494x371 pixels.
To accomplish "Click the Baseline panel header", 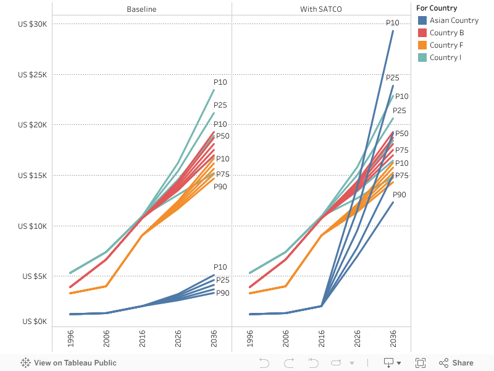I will [142, 9].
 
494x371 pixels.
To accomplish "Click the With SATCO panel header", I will [321, 9].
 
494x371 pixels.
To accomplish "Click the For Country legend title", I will [437, 8].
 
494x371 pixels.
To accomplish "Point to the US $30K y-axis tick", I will [33, 23].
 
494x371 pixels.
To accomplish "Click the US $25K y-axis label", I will [33, 74].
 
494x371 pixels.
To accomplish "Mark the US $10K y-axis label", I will [33, 226].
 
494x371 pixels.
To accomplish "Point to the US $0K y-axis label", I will [35, 322].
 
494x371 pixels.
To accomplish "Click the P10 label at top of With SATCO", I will [393, 23].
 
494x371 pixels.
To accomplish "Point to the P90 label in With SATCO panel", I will [399, 195].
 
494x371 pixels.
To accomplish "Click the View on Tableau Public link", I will [69, 363].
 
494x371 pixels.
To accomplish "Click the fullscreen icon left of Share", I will [421, 363].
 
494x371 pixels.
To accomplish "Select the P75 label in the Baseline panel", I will [222, 174].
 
